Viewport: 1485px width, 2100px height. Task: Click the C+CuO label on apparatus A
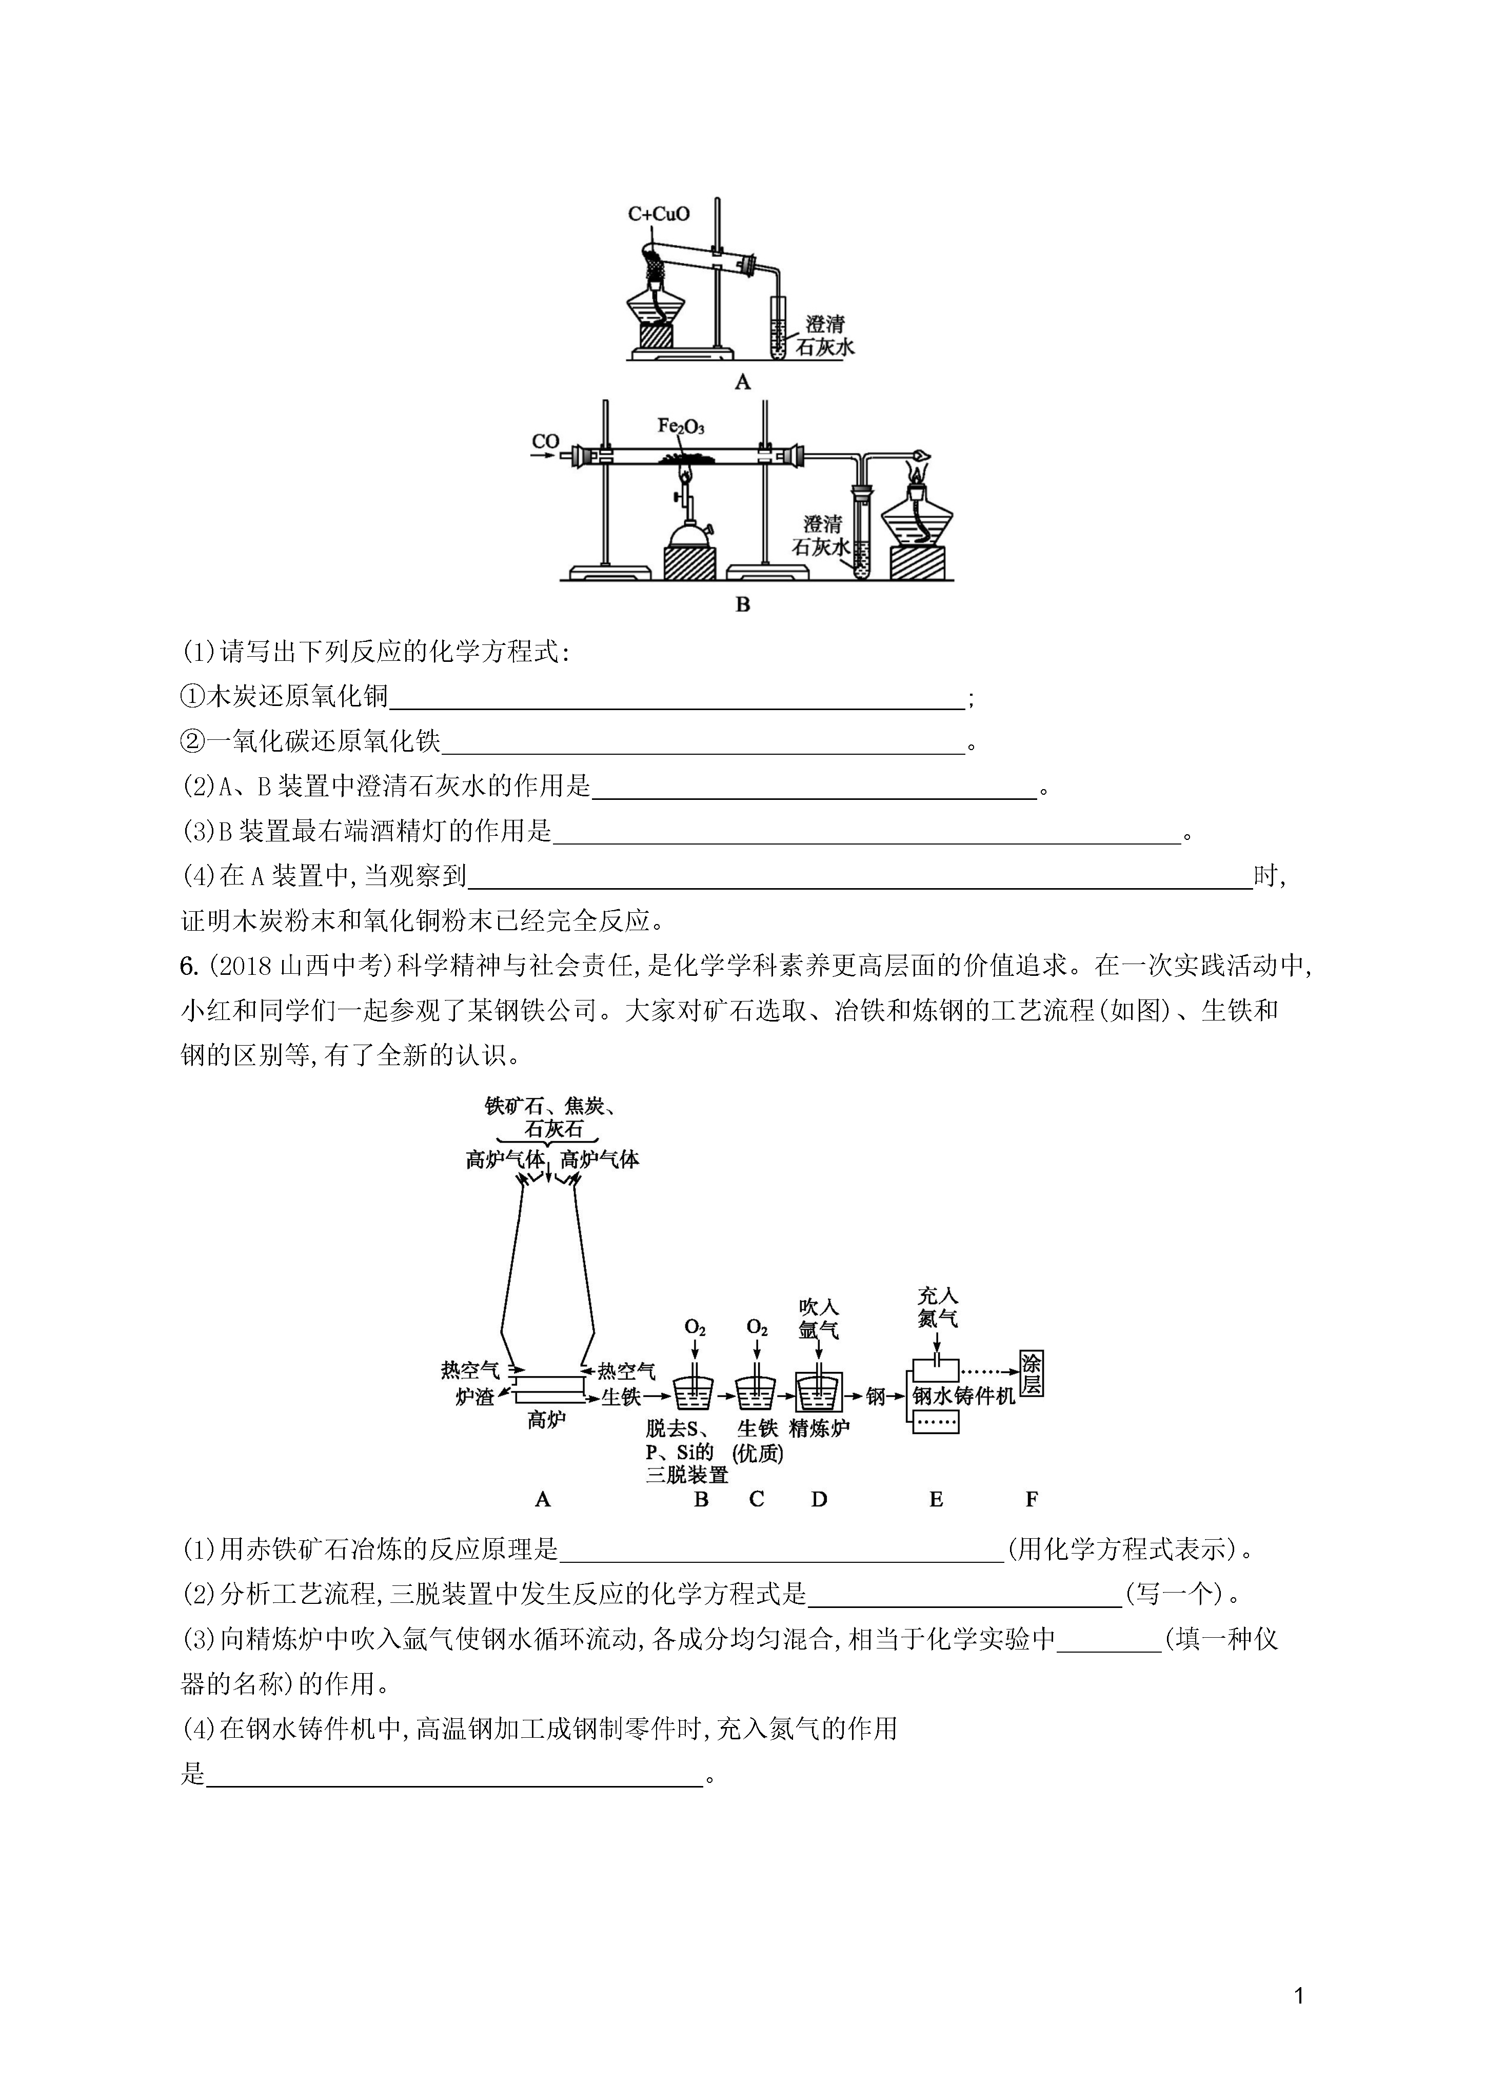(x=658, y=214)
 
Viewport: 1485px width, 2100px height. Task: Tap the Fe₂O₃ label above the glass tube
(x=681, y=426)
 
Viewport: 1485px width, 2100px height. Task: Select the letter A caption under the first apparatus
(x=743, y=382)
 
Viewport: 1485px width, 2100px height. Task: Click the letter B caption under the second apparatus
(x=743, y=604)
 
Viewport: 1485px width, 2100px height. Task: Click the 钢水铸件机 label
(x=964, y=1396)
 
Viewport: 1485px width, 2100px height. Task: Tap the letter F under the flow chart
(x=1032, y=1499)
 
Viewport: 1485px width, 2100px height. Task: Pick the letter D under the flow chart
(x=818, y=1499)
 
